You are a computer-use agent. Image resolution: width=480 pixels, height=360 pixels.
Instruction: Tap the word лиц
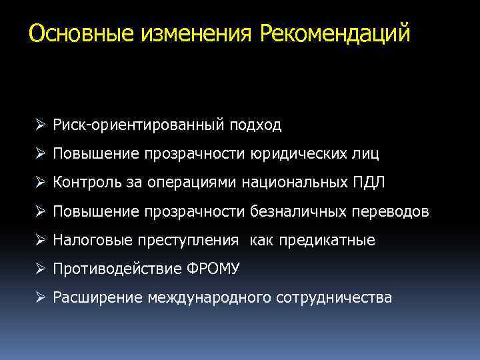[x=365, y=154]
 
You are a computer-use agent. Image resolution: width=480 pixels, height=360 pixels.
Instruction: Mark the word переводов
[x=390, y=211]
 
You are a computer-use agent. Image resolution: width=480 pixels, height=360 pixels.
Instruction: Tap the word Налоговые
[x=88, y=240]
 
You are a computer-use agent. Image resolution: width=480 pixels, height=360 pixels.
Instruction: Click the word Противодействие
[x=121, y=269]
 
